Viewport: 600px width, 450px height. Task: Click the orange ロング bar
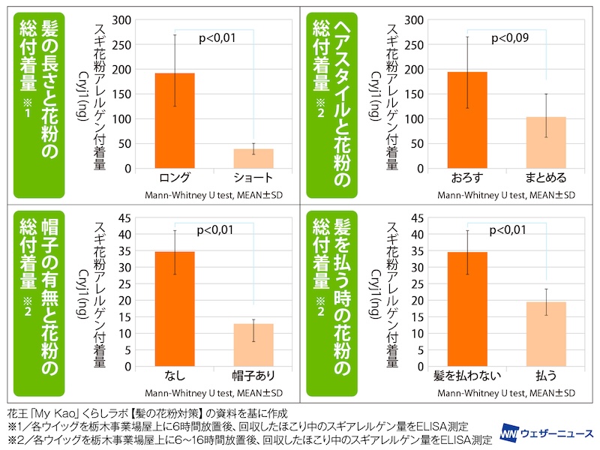point(175,121)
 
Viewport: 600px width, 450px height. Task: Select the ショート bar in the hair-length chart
point(253,158)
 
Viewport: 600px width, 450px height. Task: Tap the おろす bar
point(467,120)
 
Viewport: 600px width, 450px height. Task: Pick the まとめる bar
point(545,142)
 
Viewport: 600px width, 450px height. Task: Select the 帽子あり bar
point(253,345)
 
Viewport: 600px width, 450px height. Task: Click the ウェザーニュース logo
point(547,433)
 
